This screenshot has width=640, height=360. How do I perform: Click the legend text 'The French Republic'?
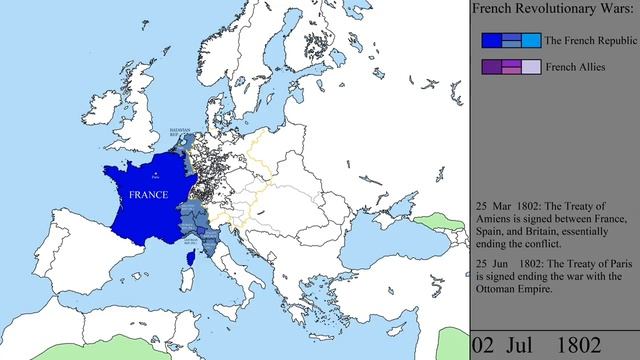pos(589,40)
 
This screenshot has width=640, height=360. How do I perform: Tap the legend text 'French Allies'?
pos(574,68)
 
